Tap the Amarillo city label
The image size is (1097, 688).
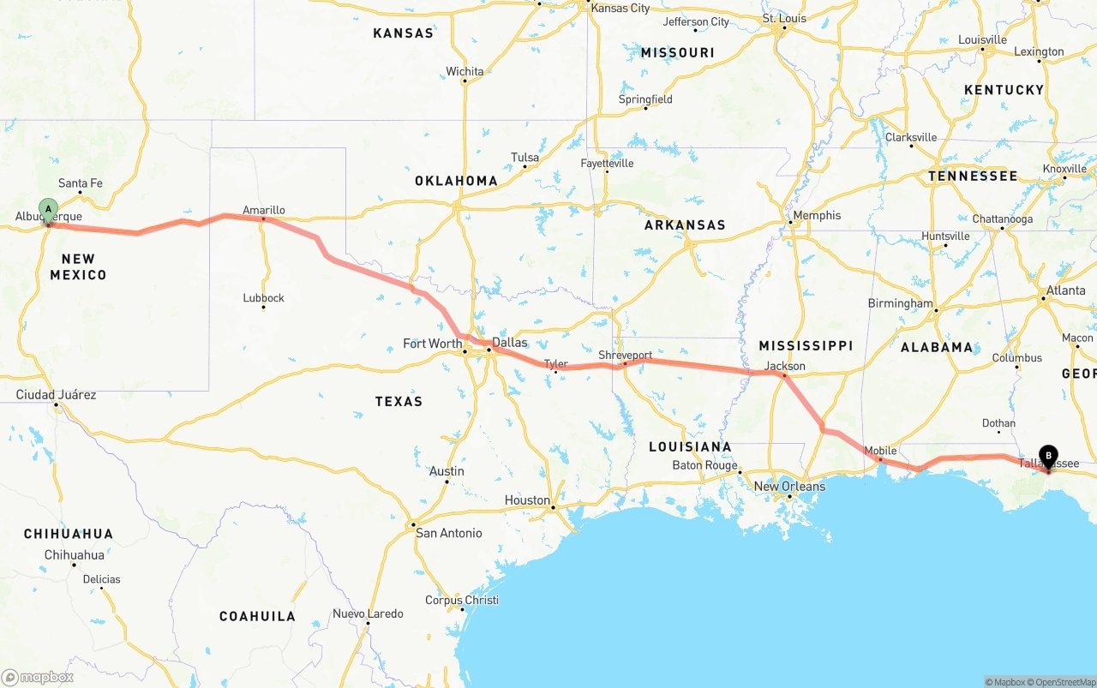pos(264,210)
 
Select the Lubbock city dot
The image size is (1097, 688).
pos(263,307)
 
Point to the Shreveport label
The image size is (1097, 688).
pos(625,355)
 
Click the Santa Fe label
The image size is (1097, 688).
pos(81,182)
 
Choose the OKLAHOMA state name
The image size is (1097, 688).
pos(456,181)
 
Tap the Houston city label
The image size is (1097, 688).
pos(527,500)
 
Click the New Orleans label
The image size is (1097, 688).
pos(789,487)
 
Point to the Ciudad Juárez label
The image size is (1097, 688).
pos(57,395)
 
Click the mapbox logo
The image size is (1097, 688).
pos(38,677)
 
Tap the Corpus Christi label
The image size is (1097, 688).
pos(462,600)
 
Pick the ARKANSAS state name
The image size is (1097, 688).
pos(685,225)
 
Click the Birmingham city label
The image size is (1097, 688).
pos(900,303)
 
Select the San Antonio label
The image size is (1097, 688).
pos(448,533)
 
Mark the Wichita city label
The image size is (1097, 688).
pos(465,71)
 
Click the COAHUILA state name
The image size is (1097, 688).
pos(257,616)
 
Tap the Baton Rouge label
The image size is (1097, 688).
pos(704,466)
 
